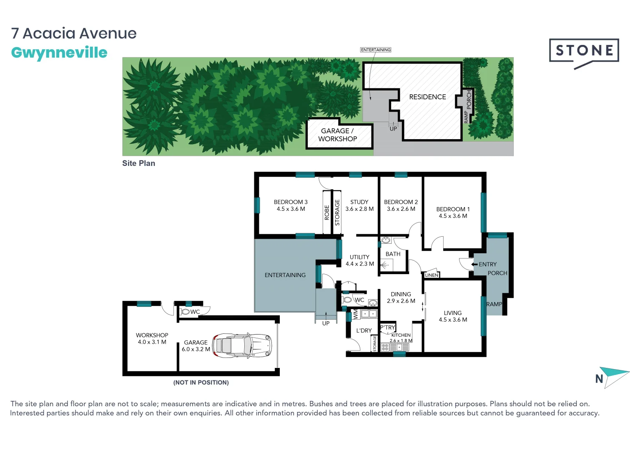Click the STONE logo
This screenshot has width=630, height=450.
[584, 51]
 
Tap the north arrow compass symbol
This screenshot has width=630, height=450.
[614, 376]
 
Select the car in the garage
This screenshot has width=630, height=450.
[242, 345]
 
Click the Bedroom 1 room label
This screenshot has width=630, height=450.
[453, 209]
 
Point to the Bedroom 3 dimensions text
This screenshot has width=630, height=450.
[291, 209]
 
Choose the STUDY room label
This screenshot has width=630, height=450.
[359, 202]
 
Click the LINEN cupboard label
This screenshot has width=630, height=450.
[432, 275]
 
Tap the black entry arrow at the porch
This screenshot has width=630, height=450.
[474, 264]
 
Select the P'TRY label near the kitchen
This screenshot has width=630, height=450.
[387, 327]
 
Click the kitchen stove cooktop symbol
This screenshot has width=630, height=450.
[385, 347]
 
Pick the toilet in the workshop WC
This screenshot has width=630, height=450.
[185, 312]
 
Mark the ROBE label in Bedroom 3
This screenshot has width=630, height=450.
[327, 212]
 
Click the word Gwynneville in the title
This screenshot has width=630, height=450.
[59, 52]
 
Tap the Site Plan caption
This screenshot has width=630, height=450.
[138, 163]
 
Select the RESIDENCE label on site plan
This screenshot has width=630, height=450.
[427, 97]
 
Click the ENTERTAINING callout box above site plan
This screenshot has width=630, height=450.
[376, 50]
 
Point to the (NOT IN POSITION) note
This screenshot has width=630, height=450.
[201, 382]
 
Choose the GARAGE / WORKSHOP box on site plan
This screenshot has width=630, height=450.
[338, 135]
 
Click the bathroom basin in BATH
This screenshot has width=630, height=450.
[386, 240]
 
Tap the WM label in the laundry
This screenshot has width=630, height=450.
[355, 314]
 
